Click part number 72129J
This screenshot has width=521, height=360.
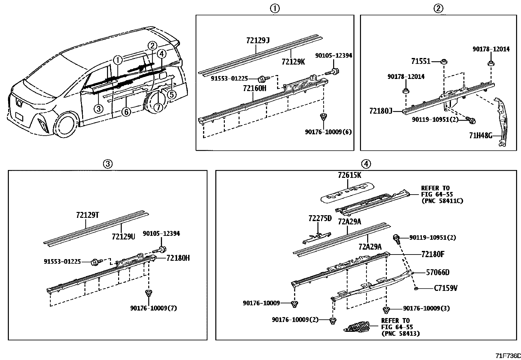click(x=258, y=41)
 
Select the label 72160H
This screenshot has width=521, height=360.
click(x=255, y=88)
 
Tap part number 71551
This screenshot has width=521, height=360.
click(x=421, y=61)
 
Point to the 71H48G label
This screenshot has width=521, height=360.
click(x=480, y=136)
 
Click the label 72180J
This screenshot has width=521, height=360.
click(x=381, y=111)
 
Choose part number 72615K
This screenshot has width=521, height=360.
click(x=349, y=175)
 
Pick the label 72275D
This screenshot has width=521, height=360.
click(x=320, y=218)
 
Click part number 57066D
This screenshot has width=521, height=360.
click(x=438, y=272)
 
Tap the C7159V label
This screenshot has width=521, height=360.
click(x=446, y=288)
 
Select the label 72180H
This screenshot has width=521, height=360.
click(x=178, y=258)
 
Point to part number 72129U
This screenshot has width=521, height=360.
click(x=123, y=237)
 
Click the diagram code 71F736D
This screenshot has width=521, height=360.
click(x=508, y=356)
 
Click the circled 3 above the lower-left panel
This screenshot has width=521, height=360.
click(x=108, y=164)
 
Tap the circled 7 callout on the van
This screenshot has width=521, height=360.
click(x=158, y=107)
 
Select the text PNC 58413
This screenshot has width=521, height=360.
click(x=401, y=333)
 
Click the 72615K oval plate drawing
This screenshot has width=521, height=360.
click(x=347, y=192)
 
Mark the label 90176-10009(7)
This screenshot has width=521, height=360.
click(x=153, y=308)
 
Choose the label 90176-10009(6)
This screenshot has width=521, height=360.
click(x=328, y=132)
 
